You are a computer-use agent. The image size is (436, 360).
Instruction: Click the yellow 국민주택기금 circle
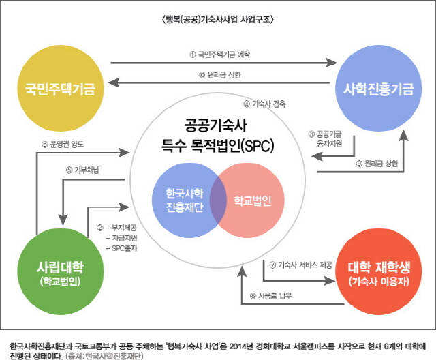pos(60,89)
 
